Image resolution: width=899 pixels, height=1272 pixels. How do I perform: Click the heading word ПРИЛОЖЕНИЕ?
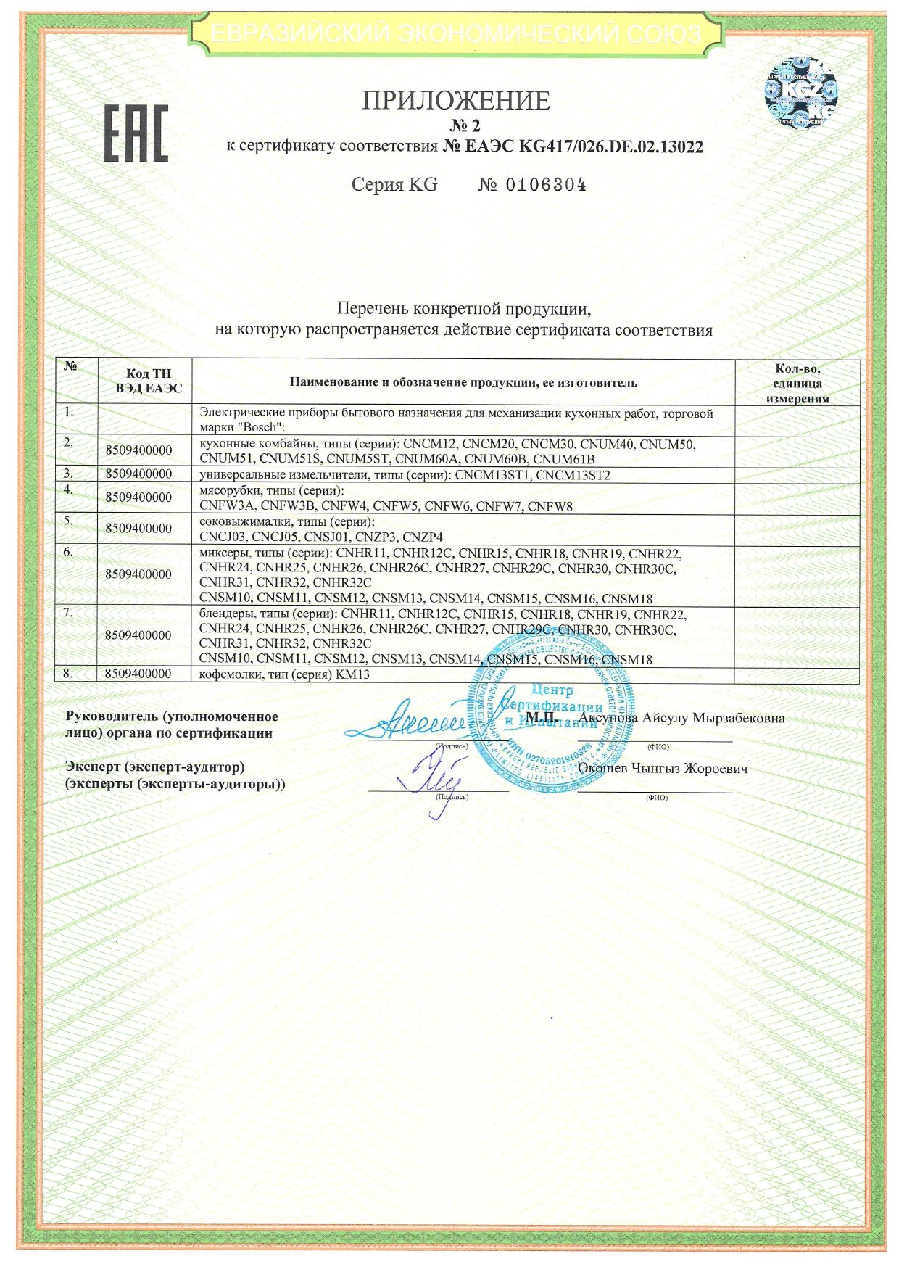[x=456, y=100]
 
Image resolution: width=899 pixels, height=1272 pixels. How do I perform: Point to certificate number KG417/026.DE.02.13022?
[x=611, y=146]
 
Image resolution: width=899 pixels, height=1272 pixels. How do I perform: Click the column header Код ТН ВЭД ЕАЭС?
[x=148, y=381]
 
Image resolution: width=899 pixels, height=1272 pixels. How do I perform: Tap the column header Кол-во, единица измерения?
[x=797, y=384]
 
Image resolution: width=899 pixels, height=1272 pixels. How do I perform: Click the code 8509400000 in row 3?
[x=138, y=474]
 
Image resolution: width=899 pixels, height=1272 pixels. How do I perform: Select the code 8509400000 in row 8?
[x=138, y=674]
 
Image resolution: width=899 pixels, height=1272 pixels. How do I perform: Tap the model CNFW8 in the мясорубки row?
[x=550, y=506]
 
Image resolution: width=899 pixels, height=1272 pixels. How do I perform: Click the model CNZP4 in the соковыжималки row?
[x=423, y=537]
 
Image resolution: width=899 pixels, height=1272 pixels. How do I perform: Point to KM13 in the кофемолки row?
[x=353, y=674]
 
